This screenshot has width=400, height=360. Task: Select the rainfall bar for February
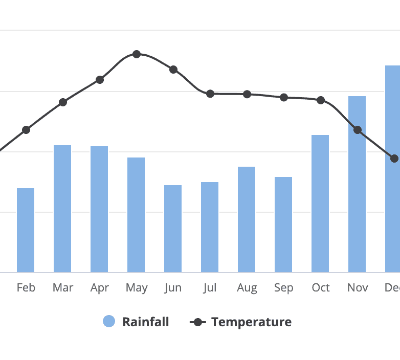pos(26,230)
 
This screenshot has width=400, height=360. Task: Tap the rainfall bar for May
pos(136,215)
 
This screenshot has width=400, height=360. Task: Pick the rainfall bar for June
pos(173,229)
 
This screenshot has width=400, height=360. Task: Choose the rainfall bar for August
pos(247,219)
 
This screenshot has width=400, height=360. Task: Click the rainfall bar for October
pos(320,204)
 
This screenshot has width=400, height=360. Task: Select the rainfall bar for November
pos(357,184)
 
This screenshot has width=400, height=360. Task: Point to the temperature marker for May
pos(137,54)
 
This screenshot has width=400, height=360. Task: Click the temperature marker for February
pos(26,130)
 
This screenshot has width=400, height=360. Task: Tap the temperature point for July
pos(210,94)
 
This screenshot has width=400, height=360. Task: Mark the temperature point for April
pos(100,80)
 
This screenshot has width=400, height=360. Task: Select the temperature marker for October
pos(321,100)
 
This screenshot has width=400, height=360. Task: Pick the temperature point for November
pos(358,130)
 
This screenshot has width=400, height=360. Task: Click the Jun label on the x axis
pos(173,288)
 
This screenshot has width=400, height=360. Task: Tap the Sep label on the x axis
pos(283,288)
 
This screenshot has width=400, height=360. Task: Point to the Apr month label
pos(99,288)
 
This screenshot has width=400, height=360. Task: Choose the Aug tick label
pos(247,288)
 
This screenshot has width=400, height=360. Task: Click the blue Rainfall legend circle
pos(109,322)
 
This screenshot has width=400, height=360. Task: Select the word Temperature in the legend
pos(251,322)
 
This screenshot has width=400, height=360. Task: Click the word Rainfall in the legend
pos(145,322)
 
